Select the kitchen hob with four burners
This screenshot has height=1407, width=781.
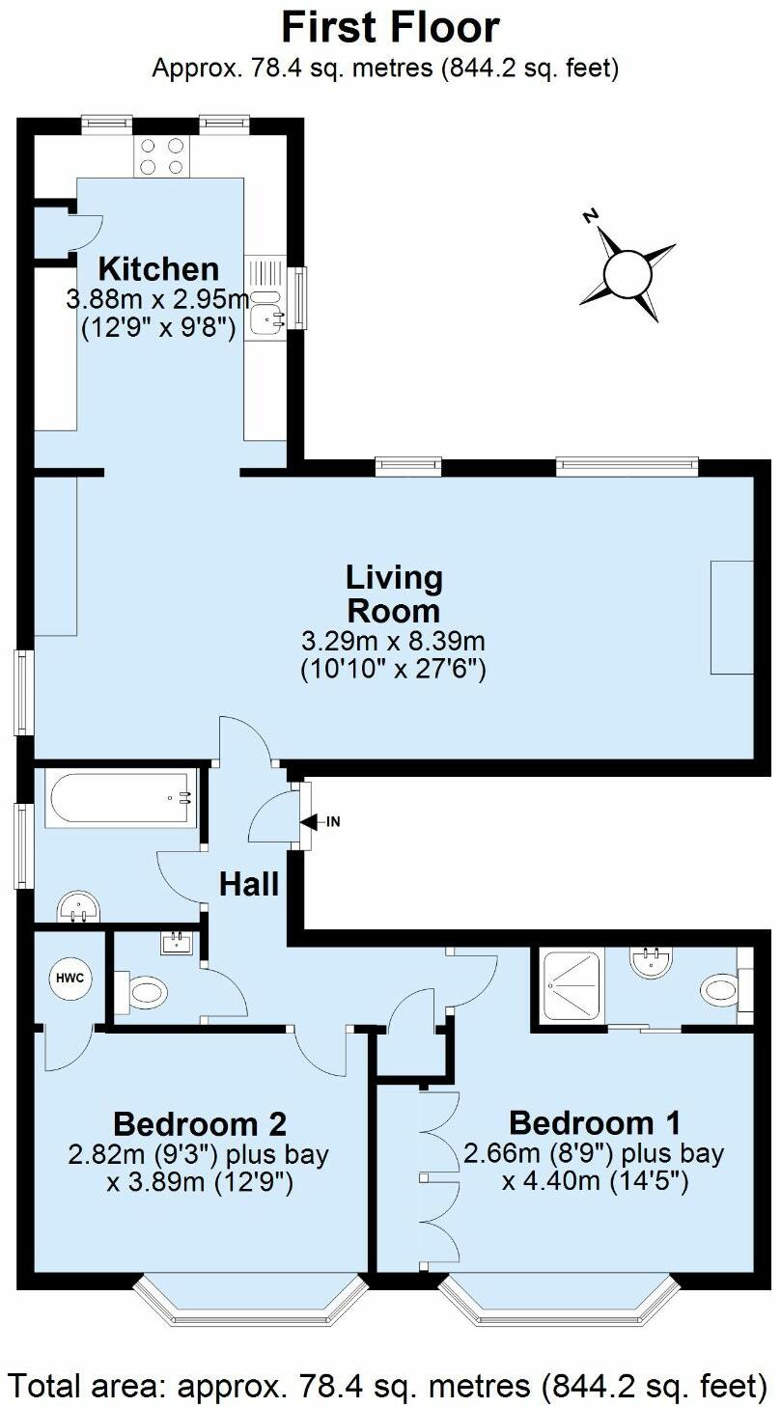[x=162, y=156]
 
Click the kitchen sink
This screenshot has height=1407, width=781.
[x=264, y=311]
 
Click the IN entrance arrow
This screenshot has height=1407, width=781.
[x=320, y=822]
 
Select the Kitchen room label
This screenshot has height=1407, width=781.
[x=159, y=268]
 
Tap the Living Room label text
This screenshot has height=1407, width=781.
[x=393, y=593]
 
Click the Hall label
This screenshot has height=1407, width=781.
[x=249, y=883]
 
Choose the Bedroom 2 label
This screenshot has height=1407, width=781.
[x=200, y=1123]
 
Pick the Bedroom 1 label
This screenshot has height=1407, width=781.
[x=595, y=1122]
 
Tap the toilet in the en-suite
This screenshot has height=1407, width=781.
[x=720, y=990]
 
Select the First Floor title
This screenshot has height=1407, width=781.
[x=390, y=28]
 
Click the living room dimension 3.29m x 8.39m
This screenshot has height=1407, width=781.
[x=393, y=640]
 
